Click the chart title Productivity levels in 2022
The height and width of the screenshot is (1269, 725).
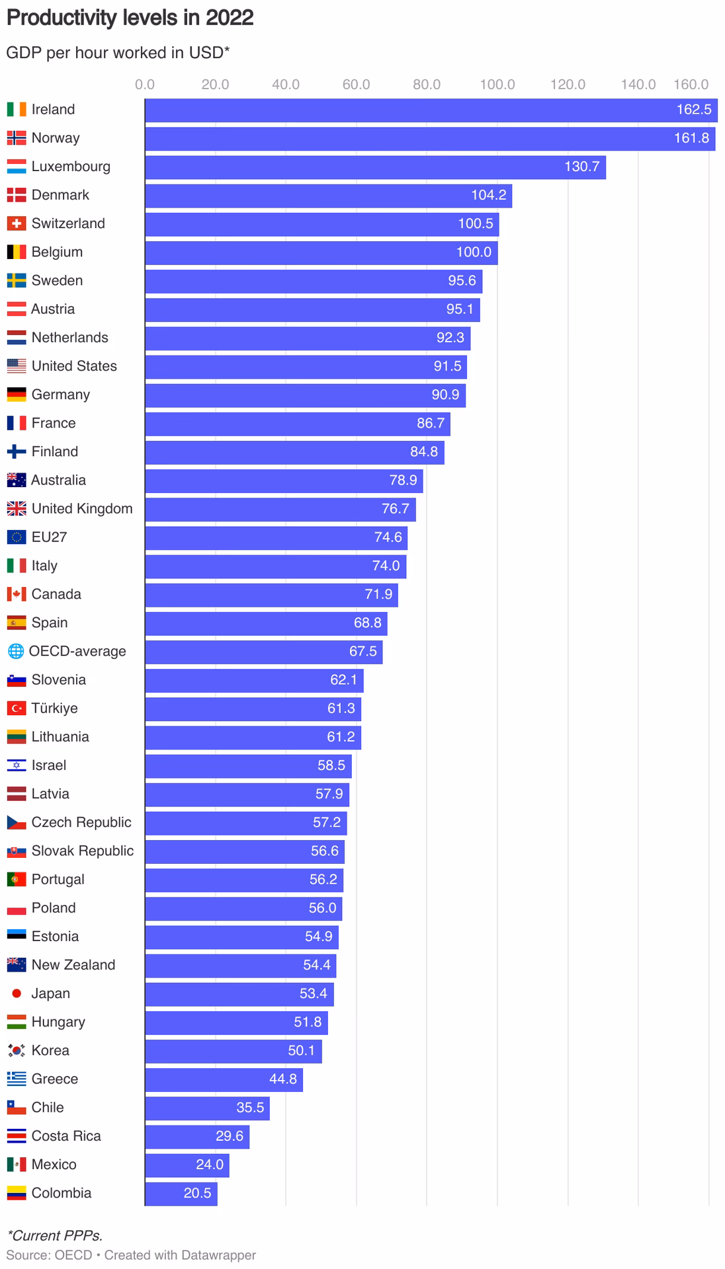click(x=130, y=18)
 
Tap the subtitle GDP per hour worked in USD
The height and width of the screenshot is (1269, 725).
click(x=118, y=53)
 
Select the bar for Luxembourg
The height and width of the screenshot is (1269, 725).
click(x=375, y=167)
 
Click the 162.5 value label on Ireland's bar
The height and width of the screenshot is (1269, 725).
click(x=693, y=110)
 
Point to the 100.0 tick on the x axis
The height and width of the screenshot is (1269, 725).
click(x=497, y=85)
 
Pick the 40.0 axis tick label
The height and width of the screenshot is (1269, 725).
click(x=286, y=85)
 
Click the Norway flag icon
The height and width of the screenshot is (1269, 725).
click(x=17, y=138)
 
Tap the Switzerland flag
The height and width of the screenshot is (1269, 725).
click(x=17, y=223)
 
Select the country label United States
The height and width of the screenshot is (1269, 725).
click(x=74, y=366)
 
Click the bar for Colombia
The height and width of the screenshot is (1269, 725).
click(x=181, y=1194)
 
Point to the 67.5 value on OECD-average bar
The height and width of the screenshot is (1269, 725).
click(x=362, y=652)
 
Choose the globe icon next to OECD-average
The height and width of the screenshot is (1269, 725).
click(x=15, y=652)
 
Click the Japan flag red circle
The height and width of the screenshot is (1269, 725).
click(x=17, y=993)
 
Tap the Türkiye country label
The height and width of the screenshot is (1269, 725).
click(x=54, y=709)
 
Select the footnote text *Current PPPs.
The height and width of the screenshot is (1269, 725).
click(x=55, y=1235)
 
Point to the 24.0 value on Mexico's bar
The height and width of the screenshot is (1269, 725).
click(x=210, y=1165)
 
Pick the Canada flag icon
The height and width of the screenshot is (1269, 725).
click(x=17, y=594)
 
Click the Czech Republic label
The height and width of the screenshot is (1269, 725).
click(x=81, y=822)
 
